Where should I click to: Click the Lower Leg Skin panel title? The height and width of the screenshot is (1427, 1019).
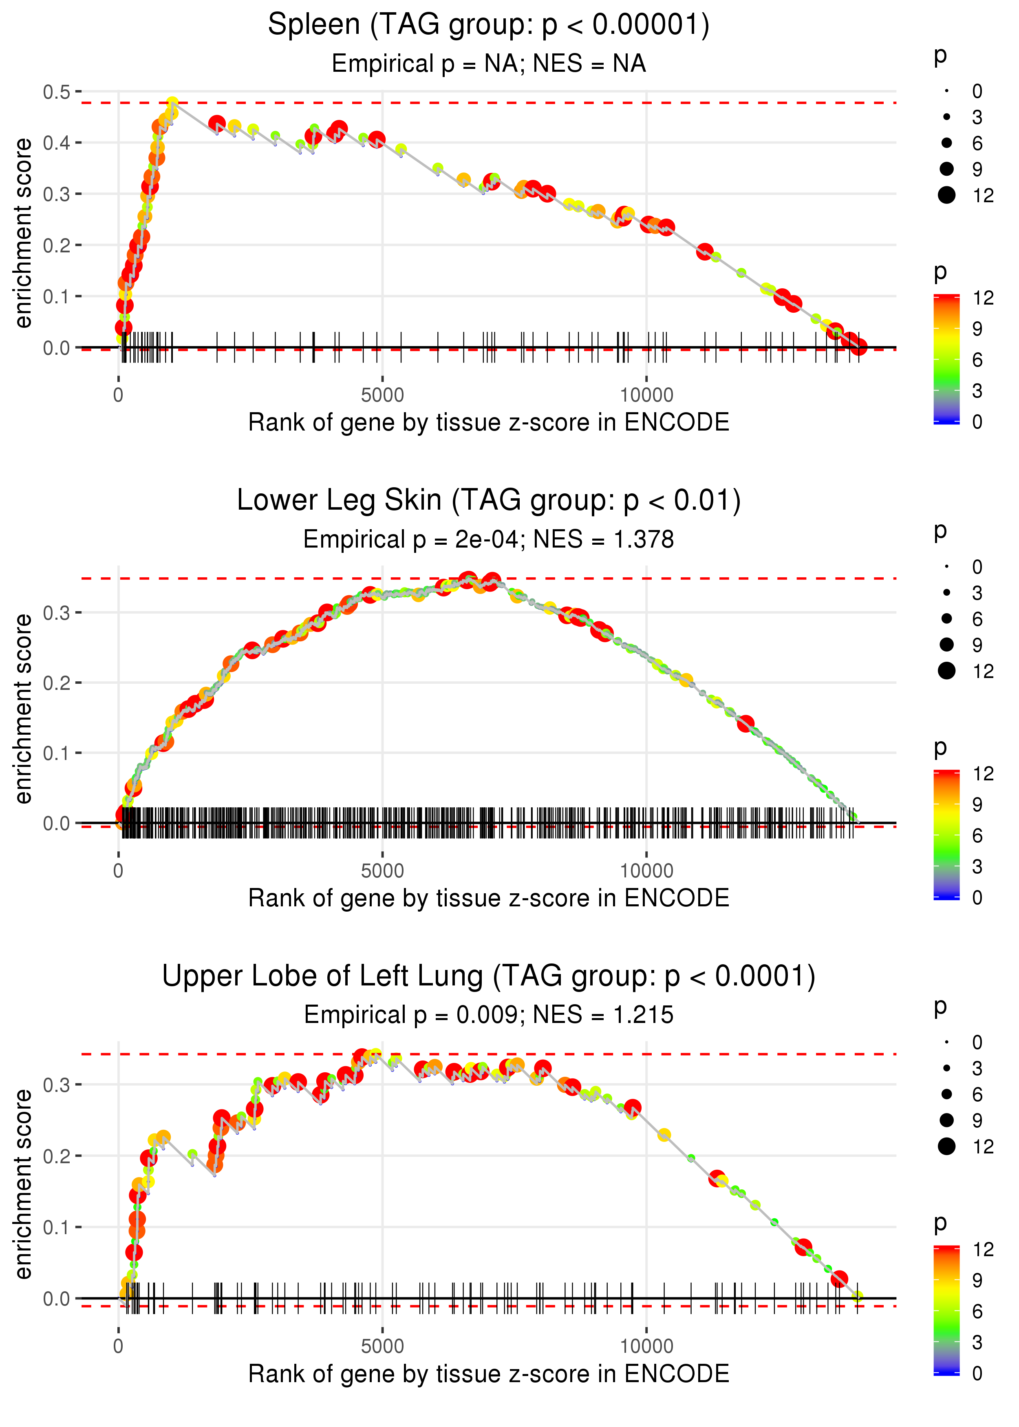point(488,501)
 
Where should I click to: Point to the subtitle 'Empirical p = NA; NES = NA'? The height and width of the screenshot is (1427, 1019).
point(488,63)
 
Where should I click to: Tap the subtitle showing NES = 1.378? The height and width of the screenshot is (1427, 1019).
point(488,539)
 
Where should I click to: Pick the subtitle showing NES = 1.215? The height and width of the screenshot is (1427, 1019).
point(488,1015)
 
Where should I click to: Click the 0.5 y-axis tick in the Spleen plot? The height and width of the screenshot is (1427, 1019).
point(57,92)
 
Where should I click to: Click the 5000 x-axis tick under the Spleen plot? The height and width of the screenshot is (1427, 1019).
point(382,395)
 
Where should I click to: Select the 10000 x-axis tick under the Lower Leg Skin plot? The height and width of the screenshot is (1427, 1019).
point(646,871)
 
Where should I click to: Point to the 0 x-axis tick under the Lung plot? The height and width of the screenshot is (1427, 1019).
point(119,1347)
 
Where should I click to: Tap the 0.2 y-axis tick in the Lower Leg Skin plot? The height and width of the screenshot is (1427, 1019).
point(57,683)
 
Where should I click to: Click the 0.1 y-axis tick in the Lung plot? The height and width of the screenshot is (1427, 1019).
point(57,1227)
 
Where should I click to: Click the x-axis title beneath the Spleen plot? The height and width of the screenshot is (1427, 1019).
point(488,422)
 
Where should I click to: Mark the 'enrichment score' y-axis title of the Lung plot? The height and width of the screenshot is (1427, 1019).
point(23,1184)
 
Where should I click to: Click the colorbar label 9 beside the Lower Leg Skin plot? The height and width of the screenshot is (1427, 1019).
point(977,804)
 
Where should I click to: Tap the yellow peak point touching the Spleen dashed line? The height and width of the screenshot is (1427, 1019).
point(172,103)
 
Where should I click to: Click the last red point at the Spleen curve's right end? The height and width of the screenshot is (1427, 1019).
point(859,347)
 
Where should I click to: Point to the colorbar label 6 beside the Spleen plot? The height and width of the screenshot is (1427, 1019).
point(977,360)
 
